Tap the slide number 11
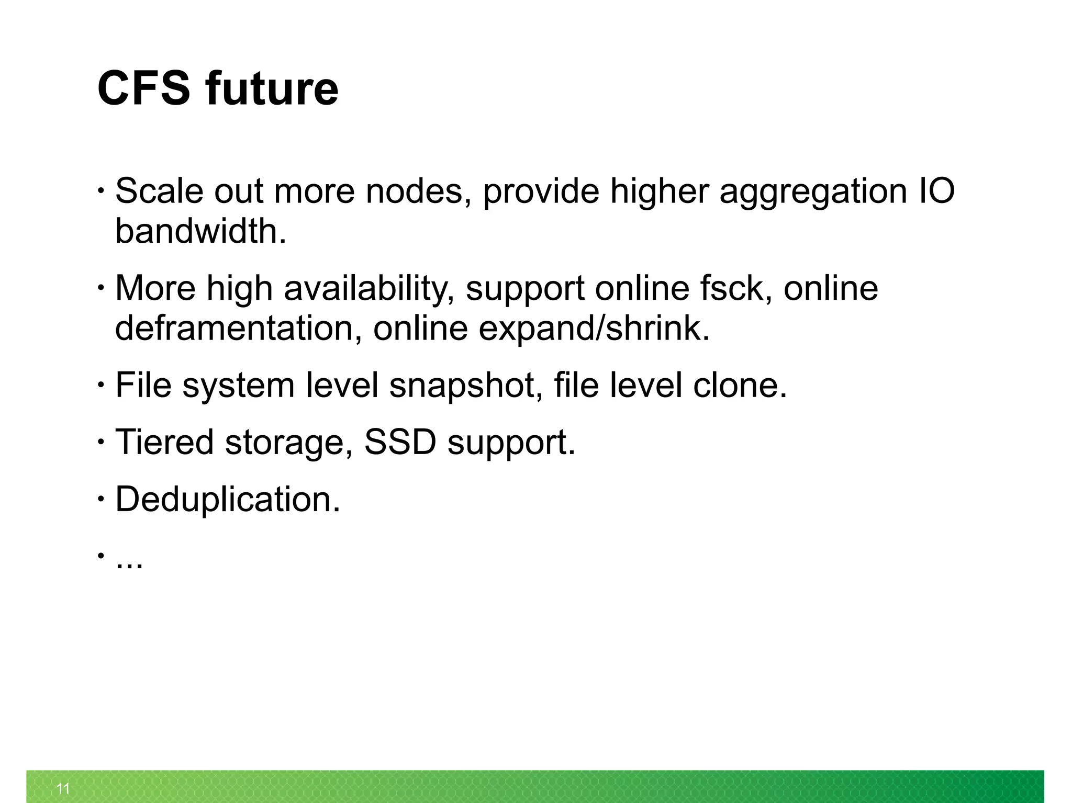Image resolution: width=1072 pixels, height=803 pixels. point(63,788)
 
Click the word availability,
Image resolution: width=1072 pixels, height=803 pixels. point(369,289)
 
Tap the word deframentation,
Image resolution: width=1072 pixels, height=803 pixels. point(238,329)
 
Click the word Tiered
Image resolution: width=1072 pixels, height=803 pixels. point(164,442)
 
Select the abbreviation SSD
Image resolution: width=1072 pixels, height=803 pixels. point(400,442)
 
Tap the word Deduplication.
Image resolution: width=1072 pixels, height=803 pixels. point(227,500)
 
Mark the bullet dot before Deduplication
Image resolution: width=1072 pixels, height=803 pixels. point(99,500)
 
